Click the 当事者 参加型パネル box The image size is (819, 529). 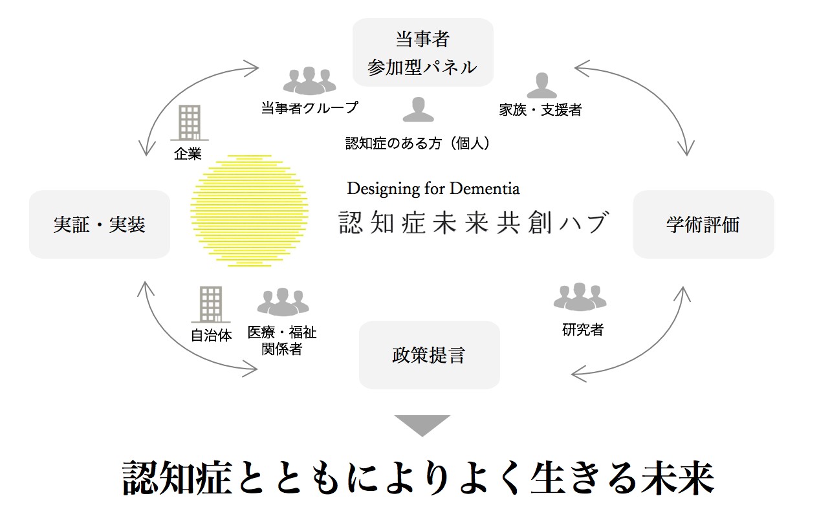[x=422, y=52]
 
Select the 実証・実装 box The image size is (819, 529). [x=100, y=224]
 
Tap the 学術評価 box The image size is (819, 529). [x=703, y=224]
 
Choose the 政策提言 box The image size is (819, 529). [x=429, y=355]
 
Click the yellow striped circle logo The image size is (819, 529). [x=249, y=210]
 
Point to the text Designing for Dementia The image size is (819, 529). [x=433, y=188]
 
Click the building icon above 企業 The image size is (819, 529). [x=189, y=122]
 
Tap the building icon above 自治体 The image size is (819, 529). [x=210, y=304]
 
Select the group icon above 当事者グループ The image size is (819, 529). [x=310, y=81]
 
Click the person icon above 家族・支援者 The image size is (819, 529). [x=541, y=85]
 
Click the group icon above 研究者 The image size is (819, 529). [x=580, y=296]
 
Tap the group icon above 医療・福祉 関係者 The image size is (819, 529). [x=283, y=301]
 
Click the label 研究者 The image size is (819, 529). [x=582, y=330]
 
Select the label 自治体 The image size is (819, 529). [x=211, y=336]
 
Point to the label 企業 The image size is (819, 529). [x=188, y=154]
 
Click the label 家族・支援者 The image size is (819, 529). [x=540, y=110]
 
